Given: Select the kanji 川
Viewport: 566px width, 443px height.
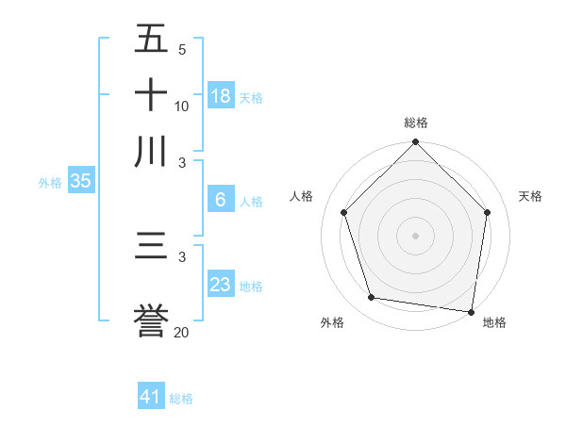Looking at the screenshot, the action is [152, 151].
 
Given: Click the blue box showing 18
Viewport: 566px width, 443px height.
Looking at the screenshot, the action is [221, 95].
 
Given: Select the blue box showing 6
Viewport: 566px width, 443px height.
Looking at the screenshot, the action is [221, 200].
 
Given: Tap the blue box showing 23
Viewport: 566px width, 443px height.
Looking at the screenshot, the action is [221, 285].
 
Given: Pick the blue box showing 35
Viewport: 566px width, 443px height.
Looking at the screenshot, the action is [80, 182].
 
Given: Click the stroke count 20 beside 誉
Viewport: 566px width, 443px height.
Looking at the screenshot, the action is [182, 332].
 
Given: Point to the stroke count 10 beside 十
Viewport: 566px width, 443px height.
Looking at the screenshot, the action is [182, 106].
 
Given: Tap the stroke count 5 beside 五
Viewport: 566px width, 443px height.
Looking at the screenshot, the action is [182, 49].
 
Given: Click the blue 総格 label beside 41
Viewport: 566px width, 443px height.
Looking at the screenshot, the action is [181, 399].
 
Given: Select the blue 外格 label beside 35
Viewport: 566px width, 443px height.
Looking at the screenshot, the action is [50, 183].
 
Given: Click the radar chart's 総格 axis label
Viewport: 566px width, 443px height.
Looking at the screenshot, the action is [416, 123].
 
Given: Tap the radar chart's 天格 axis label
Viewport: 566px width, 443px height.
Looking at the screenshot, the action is [531, 196].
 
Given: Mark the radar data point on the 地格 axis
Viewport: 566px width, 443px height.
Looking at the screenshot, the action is [472, 311].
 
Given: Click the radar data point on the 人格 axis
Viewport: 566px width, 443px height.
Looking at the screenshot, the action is [344, 212].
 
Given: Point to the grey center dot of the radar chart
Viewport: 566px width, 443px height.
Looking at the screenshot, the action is [416, 235].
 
